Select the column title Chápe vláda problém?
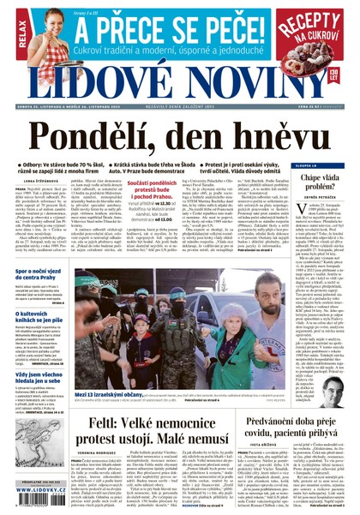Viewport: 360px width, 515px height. pos(324,181)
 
